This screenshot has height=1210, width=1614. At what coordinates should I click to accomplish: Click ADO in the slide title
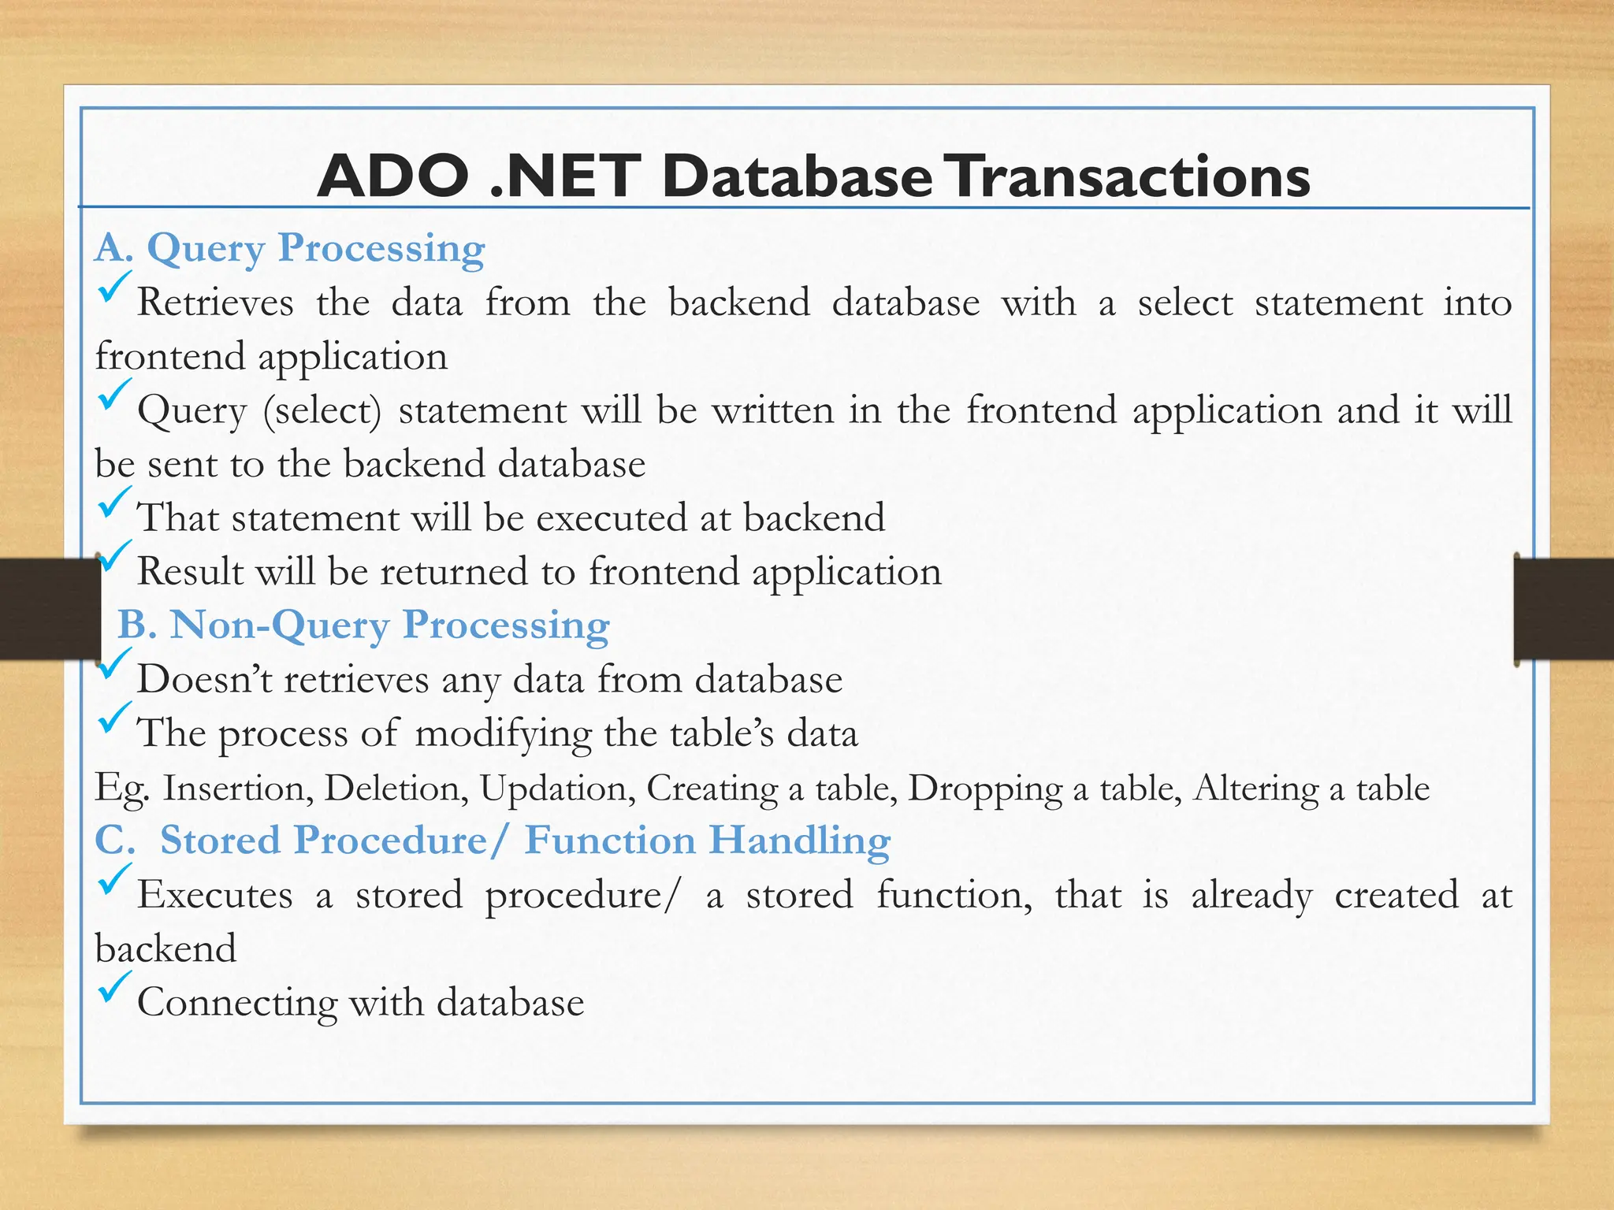coord(392,176)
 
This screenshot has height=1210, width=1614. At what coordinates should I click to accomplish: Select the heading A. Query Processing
coord(289,248)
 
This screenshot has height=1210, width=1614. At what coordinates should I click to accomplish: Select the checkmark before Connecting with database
coord(112,987)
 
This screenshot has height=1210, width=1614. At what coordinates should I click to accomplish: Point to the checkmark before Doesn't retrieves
coord(112,664)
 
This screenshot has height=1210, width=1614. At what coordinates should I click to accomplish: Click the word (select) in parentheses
coord(322,411)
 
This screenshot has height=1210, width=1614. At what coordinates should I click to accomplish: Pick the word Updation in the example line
coord(557,788)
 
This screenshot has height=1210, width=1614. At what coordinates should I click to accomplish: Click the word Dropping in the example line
coord(985,788)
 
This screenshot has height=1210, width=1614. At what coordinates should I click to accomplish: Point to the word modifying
coord(503,734)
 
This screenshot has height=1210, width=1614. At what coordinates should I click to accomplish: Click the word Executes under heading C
coord(214,896)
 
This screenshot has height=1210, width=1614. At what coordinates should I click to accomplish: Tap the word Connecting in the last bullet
coord(236,1003)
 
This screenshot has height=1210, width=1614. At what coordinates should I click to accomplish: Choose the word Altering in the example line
coord(1255,788)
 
